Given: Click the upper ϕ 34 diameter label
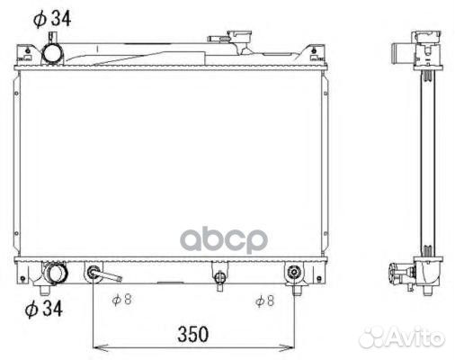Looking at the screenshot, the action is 52,19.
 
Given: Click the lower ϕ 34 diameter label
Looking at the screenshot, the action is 44,309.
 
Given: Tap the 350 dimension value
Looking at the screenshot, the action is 192,334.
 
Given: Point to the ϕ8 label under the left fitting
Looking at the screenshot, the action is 122,300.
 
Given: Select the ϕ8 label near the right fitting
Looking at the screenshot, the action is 265,301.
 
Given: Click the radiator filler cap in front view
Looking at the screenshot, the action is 239,37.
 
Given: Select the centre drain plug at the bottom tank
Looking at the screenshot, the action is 219,277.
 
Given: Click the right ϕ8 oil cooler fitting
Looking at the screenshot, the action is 293,273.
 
